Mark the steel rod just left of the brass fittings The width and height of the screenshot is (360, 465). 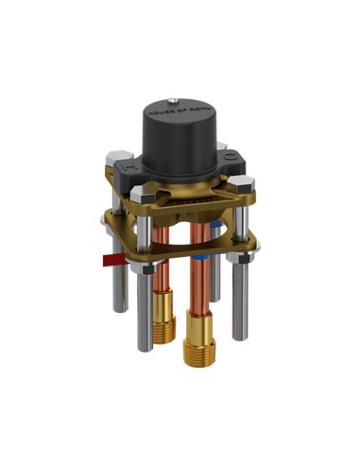click(x=143, y=321)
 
